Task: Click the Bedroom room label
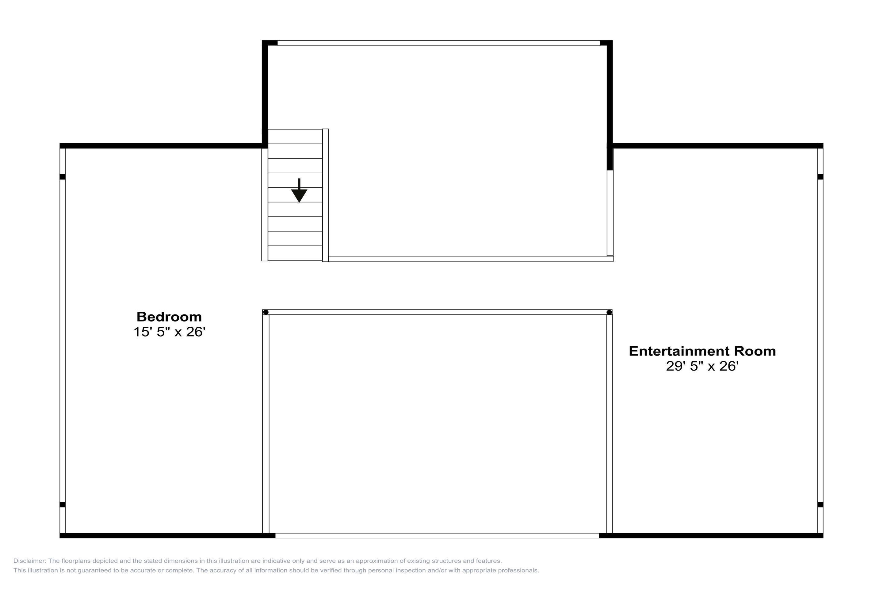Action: point(169,317)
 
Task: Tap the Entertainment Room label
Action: point(702,351)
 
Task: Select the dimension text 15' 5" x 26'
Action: point(169,332)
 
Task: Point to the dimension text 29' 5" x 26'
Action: point(702,366)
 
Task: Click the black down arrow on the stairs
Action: point(299,191)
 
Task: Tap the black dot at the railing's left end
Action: point(266,312)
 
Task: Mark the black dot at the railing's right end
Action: point(609,312)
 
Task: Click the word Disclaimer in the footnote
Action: point(30,561)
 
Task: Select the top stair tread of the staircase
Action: point(295,136)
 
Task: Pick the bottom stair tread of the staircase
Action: point(295,253)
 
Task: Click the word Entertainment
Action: point(679,351)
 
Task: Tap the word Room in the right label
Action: point(755,351)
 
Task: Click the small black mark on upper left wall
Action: point(63,177)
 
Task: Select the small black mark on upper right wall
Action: point(820,177)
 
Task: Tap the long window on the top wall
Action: point(439,43)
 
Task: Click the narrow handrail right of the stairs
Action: point(326,195)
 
